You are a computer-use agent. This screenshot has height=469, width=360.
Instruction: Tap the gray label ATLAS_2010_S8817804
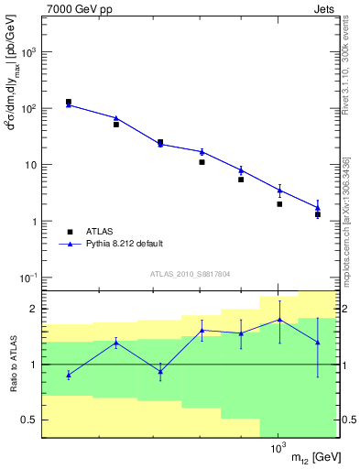[x=190, y=273]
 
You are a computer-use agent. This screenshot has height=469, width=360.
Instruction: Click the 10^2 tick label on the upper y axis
[x=29, y=109]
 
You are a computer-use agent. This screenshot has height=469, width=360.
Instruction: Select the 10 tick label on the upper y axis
[x=31, y=166]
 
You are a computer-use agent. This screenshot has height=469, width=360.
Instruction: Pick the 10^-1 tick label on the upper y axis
[x=29, y=278]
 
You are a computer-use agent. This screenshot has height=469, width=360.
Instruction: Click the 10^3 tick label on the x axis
[x=277, y=449]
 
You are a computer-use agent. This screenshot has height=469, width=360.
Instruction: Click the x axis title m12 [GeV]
[x=311, y=457]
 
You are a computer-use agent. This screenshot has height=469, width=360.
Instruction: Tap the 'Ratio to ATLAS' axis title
[x=12, y=364]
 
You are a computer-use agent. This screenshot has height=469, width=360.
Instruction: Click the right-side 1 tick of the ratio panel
[x=344, y=365]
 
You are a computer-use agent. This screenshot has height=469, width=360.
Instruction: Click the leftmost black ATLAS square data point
[x=69, y=102]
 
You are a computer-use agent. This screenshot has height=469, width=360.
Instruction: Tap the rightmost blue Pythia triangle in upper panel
[x=317, y=208]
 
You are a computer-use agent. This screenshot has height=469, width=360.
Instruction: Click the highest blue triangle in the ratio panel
[x=278, y=320]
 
